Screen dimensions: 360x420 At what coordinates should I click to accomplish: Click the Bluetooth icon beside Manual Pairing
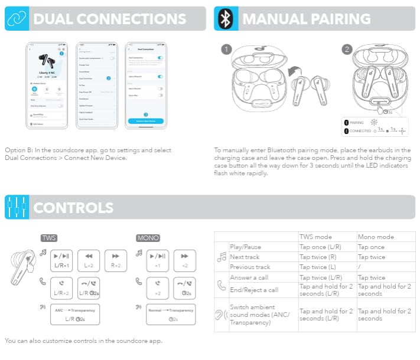pyautogui.click(x=225, y=19)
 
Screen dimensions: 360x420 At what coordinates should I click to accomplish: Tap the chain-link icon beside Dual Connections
pyautogui.click(x=17, y=19)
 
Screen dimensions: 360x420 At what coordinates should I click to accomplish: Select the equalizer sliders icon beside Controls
pyautogui.click(x=17, y=208)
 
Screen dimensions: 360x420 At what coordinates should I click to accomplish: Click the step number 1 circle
pyautogui.click(x=226, y=49)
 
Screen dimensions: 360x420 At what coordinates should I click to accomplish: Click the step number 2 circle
pyautogui.click(x=347, y=49)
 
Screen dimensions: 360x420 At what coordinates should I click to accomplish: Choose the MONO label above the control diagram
pyautogui.click(x=148, y=238)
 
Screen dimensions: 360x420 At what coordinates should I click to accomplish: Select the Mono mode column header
pyautogui.click(x=376, y=237)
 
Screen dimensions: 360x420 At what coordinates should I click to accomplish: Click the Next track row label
pyautogui.click(x=244, y=257)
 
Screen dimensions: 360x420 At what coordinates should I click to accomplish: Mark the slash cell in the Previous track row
pyautogui.click(x=359, y=267)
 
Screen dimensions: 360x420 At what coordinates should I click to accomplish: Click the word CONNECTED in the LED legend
pyautogui.click(x=361, y=130)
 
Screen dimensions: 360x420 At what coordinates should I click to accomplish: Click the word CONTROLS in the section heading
pyautogui.click(x=73, y=208)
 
